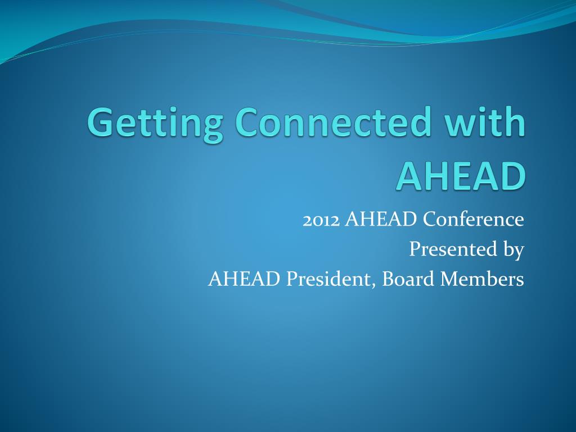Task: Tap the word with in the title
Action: point(484,121)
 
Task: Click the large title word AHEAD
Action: point(461,176)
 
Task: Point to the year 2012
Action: point(321,220)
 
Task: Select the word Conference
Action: point(473,219)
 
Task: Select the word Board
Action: point(408,278)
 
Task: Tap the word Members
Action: point(482,278)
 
